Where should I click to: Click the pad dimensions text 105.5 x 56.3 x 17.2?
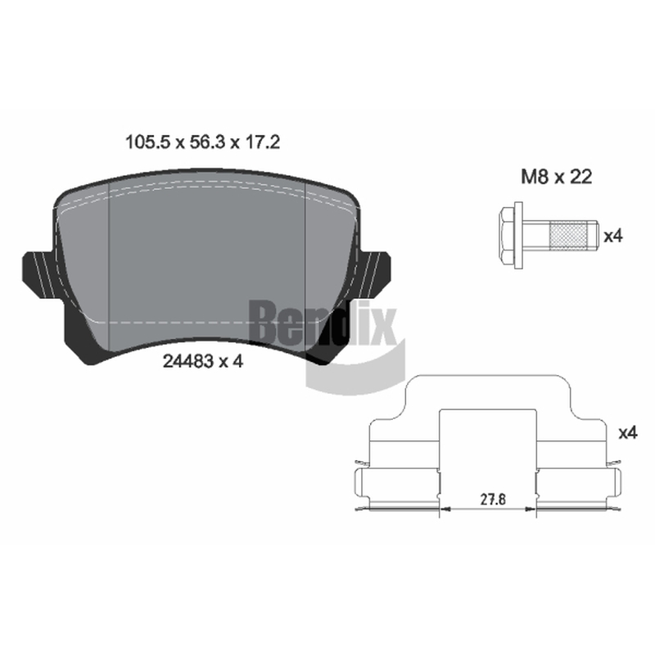coord(202,142)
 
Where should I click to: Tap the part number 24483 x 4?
coord(202,361)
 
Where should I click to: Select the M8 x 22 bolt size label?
coord(556,177)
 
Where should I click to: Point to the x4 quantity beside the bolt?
coord(612,237)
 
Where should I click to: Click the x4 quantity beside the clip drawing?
coord(628,433)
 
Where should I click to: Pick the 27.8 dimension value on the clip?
coord(493,499)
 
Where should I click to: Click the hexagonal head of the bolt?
coord(507,236)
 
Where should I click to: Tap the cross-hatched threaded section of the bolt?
coord(568,236)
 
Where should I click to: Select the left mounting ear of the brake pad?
coord(38,275)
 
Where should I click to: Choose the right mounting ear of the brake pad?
coord(374,275)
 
